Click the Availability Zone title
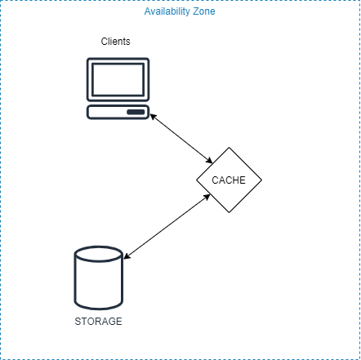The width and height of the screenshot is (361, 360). click(x=180, y=11)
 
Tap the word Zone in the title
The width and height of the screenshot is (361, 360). click(x=204, y=11)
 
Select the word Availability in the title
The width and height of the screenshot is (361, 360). click(x=167, y=11)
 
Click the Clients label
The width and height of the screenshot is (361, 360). click(x=115, y=42)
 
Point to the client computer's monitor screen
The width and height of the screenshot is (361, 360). click(x=118, y=79)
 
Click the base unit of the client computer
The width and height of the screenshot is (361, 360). click(x=118, y=112)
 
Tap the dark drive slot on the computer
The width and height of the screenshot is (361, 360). click(x=136, y=112)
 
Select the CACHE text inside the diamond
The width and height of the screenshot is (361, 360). click(x=229, y=180)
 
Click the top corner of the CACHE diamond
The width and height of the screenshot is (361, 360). click(x=229, y=148)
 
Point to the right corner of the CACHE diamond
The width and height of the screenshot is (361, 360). click(x=261, y=180)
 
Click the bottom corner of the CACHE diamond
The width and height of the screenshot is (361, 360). click(x=229, y=212)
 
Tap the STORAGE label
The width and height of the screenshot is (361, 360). click(x=98, y=322)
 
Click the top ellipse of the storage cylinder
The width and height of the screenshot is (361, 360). click(x=99, y=254)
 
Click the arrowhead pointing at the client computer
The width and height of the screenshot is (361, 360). click(x=153, y=116)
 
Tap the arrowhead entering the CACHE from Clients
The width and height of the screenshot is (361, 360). click(x=210, y=161)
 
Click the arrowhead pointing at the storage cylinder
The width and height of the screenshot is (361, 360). click(x=127, y=256)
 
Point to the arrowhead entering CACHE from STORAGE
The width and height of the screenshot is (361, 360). click(x=207, y=197)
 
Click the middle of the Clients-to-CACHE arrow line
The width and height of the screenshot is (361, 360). click(x=181, y=139)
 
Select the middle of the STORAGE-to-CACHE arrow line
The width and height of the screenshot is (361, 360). click(x=167, y=226)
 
